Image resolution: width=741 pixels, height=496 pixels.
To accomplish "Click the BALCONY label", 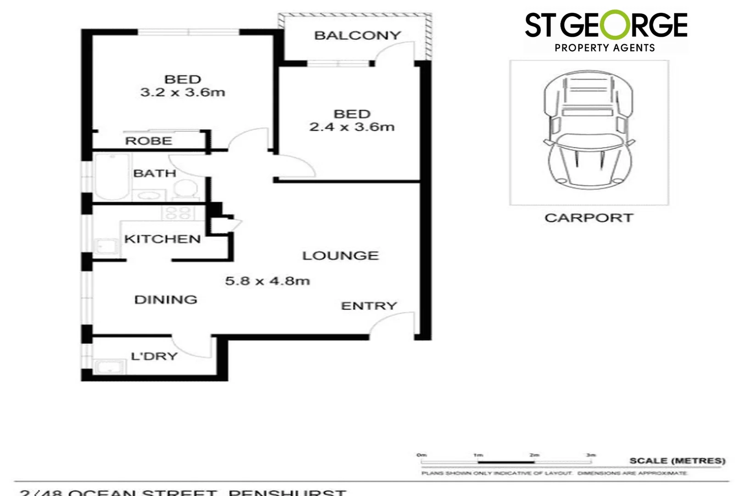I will [x=357, y=35].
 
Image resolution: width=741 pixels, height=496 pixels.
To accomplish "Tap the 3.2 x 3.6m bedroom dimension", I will [x=182, y=92].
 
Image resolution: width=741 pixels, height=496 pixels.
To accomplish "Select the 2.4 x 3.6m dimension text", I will [x=352, y=127].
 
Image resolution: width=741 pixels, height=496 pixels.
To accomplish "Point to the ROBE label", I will [x=148, y=141].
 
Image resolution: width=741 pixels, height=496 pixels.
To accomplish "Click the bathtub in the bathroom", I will [x=112, y=176].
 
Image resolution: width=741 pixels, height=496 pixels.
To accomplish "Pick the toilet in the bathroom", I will [x=185, y=189].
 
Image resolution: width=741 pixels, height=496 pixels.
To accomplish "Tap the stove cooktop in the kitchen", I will [x=178, y=213].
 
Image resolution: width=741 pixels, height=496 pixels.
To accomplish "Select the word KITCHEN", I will [x=162, y=239].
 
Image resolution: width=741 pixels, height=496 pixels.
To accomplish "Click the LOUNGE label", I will [x=340, y=256].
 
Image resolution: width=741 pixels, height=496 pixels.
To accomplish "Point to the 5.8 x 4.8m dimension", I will [x=267, y=281].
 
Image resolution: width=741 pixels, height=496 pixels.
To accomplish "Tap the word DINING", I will [x=166, y=300].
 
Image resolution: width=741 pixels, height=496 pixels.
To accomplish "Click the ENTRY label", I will [x=369, y=306].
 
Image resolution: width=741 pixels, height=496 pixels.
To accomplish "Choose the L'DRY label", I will [x=154, y=356].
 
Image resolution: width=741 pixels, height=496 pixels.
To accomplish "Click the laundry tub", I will [x=109, y=366].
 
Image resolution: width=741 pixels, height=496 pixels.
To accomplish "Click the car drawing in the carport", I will [x=588, y=131].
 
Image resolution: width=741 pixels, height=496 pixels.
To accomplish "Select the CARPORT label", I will [x=589, y=218].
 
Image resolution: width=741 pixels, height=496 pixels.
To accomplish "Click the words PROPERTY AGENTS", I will [x=605, y=48].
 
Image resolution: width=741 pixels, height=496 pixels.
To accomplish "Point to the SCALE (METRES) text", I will [x=677, y=461].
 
